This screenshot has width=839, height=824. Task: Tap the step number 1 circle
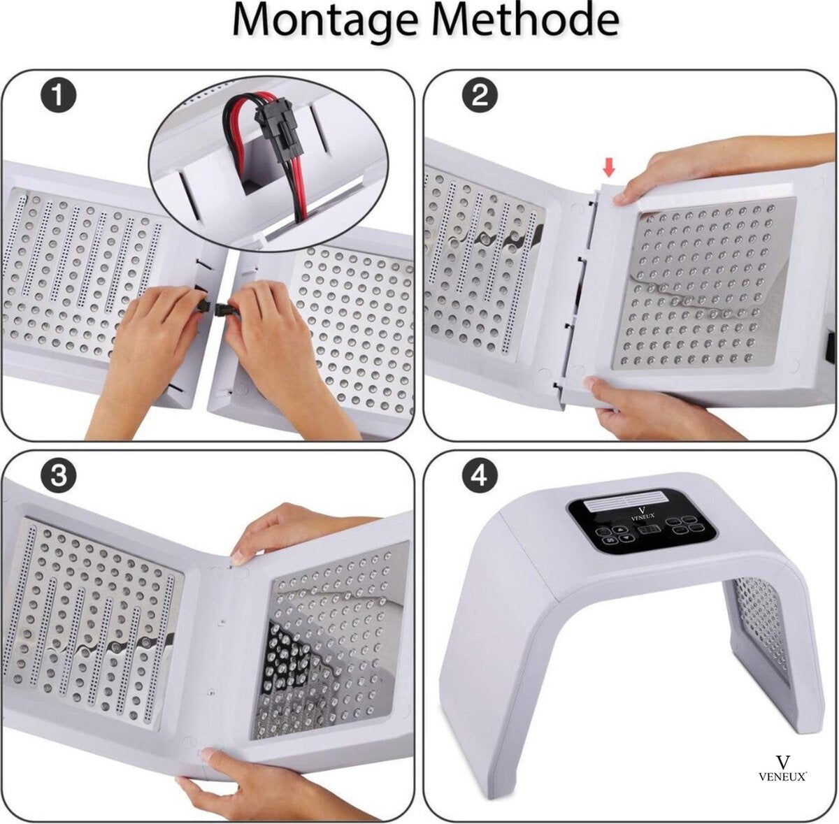point(58,96)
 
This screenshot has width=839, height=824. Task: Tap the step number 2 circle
point(480,96)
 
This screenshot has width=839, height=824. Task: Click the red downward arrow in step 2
point(610,168)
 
